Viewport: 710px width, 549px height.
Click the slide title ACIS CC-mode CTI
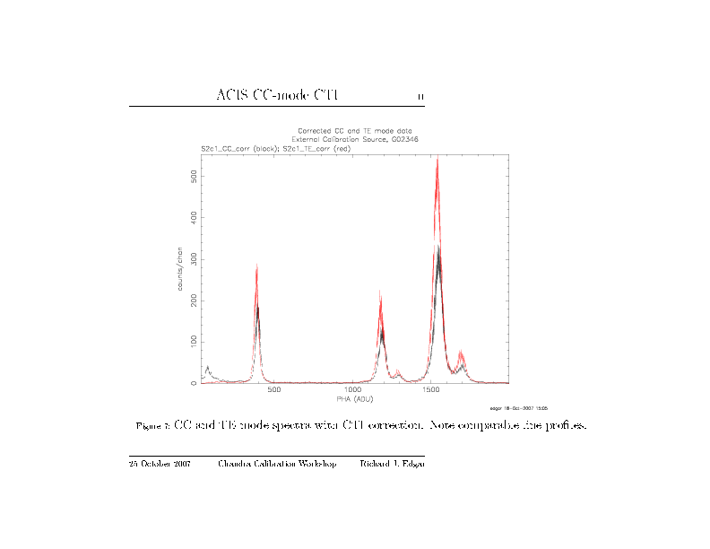click(277, 95)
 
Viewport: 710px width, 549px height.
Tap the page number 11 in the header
click(420, 97)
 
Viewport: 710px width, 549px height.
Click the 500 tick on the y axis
click(194, 176)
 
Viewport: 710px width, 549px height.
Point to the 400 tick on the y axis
click(194, 217)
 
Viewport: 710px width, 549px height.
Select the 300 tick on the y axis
click(194, 259)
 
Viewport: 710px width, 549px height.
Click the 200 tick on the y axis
click(194, 301)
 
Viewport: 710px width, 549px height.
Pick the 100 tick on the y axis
click(194, 342)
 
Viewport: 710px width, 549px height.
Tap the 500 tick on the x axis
click(274, 390)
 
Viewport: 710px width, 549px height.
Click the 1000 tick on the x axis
click(352, 390)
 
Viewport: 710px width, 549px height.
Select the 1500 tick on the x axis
click(431, 390)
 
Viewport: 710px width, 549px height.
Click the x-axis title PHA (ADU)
click(354, 398)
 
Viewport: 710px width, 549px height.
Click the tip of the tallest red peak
click(437, 158)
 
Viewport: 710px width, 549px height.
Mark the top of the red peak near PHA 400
click(257, 265)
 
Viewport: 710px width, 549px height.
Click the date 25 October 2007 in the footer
click(160, 464)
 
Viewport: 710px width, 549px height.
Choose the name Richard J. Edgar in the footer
click(392, 464)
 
